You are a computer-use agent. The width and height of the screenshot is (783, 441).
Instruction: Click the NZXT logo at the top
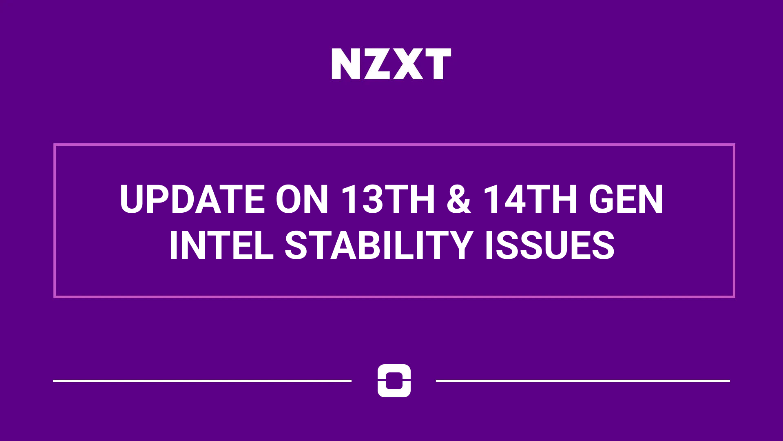pos(391,64)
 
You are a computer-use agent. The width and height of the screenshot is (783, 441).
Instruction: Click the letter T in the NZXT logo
pos(438,64)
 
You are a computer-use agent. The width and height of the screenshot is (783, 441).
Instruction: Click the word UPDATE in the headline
pos(192,199)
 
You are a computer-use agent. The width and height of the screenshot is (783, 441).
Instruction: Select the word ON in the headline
pos(302,199)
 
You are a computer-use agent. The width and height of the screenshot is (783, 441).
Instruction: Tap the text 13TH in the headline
pos(388,199)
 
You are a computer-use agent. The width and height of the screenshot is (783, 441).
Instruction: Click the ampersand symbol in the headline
pos(459,199)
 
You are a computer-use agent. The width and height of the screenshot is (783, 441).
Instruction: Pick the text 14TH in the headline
pos(530,199)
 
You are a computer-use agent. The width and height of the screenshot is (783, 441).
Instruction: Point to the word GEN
pos(626,199)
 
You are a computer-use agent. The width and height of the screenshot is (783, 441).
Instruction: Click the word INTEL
pos(221,245)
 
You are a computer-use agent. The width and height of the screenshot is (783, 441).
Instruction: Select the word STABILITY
pos(379,245)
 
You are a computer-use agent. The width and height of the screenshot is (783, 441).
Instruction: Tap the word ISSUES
pos(550,245)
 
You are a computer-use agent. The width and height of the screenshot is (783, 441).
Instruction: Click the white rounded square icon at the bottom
pos(394,381)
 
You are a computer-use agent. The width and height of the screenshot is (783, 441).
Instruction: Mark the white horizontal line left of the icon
pos(202,381)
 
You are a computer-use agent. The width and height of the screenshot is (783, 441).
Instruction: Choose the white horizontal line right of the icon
pos(583,381)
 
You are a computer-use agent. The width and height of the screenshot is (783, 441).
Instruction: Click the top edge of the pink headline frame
pos(394,145)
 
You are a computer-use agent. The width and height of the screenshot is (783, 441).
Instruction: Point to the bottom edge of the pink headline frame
pos(394,296)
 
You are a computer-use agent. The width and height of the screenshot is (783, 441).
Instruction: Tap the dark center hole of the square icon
pos(394,381)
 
